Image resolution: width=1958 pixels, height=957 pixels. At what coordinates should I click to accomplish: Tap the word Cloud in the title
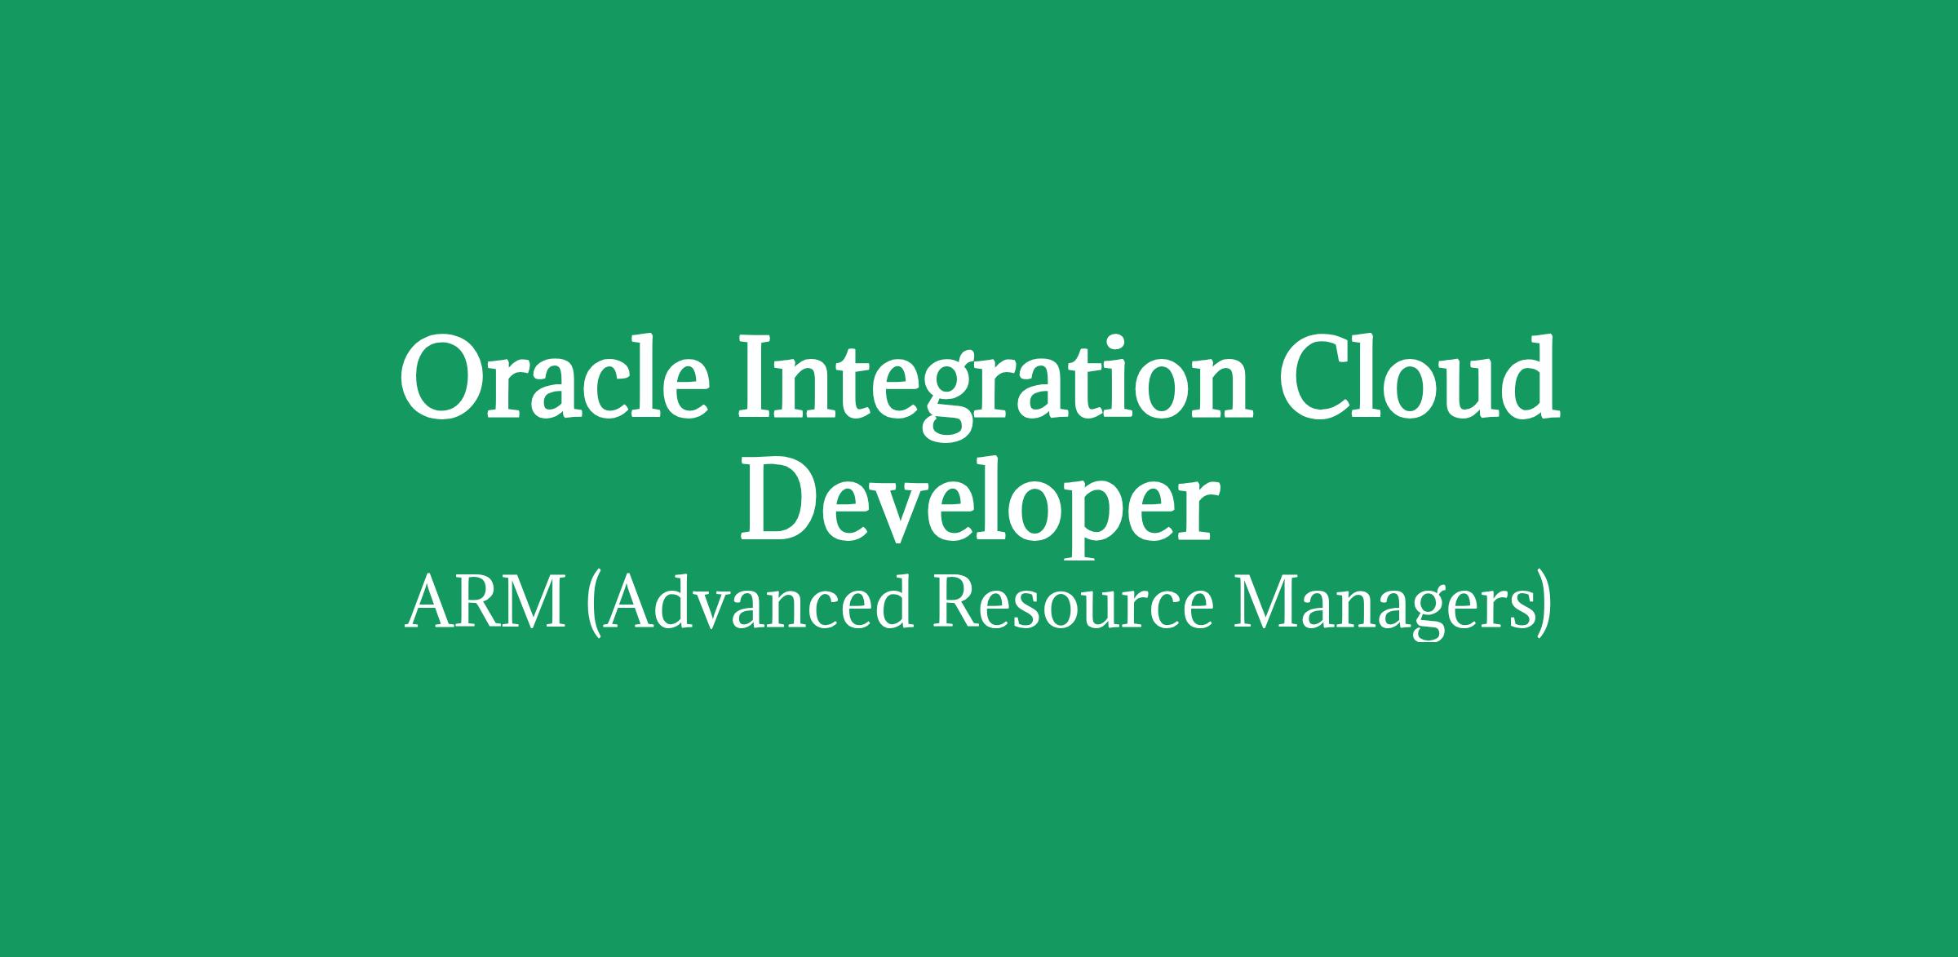tap(1419, 377)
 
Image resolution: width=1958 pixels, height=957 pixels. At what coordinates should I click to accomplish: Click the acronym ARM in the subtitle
tap(485, 604)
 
